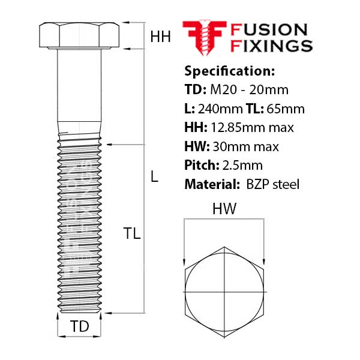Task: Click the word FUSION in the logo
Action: [x=269, y=29]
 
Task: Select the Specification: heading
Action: [x=229, y=71]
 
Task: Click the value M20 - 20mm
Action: [x=250, y=90]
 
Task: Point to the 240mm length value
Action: [x=218, y=109]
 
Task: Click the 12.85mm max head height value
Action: [x=251, y=127]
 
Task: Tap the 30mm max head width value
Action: [x=245, y=146]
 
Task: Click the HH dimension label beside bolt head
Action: [x=160, y=37]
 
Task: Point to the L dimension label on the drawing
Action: [x=154, y=177]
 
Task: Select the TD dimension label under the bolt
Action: [x=79, y=326]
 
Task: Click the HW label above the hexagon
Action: [x=224, y=209]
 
